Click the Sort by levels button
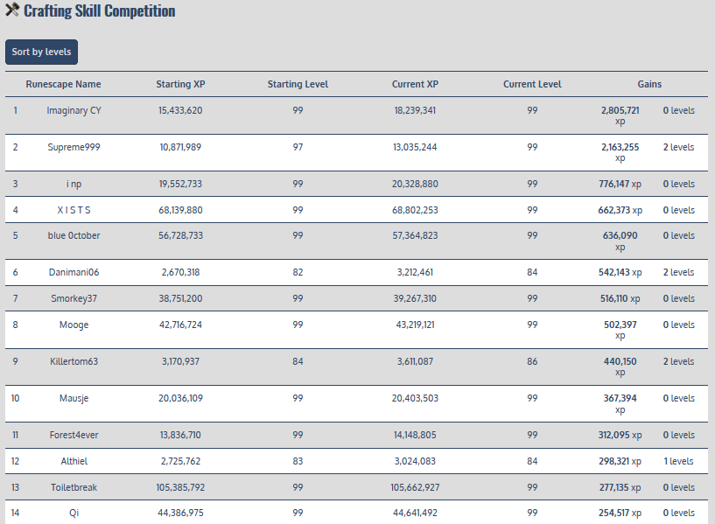tap(41, 52)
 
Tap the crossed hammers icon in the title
tap(12, 11)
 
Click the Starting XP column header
tap(180, 84)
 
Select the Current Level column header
tap(532, 84)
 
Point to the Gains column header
tap(649, 84)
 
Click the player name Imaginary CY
tap(74, 110)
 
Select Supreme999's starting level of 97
tap(298, 147)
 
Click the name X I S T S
tap(74, 210)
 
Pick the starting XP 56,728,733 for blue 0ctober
tap(180, 235)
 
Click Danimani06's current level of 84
tap(532, 272)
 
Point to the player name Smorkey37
tap(74, 298)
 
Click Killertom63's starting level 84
tap(298, 361)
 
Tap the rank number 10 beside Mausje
tap(15, 398)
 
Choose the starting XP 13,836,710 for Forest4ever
tap(180, 435)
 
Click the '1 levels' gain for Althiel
tap(678, 461)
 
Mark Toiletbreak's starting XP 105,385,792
tap(180, 487)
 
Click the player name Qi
tap(74, 513)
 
